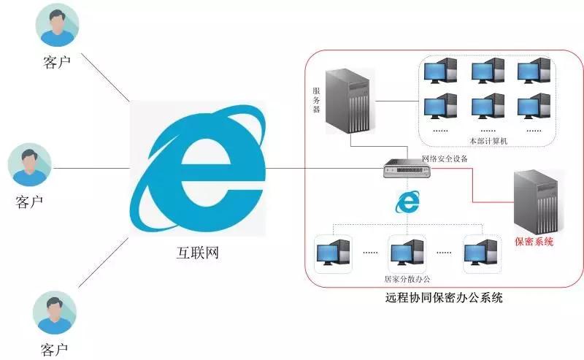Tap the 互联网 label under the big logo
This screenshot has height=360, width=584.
(x=197, y=253)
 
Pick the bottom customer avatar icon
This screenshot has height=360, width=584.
(x=55, y=313)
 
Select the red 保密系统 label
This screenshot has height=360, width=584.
(x=534, y=242)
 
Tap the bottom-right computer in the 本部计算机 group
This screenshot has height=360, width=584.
(x=534, y=106)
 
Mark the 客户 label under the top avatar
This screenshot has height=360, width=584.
(x=57, y=62)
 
